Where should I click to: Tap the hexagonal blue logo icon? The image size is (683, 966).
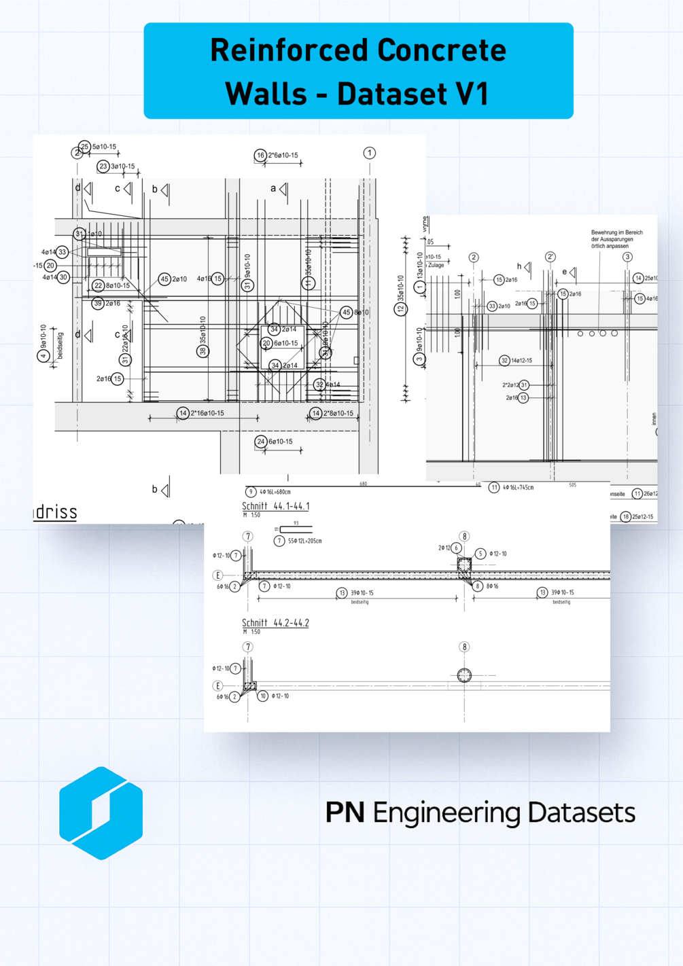tap(101, 813)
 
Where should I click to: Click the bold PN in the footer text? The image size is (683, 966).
tap(345, 812)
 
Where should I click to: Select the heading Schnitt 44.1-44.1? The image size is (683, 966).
tap(276, 506)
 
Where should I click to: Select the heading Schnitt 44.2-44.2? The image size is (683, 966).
tap(276, 623)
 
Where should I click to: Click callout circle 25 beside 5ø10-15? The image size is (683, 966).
tap(85, 147)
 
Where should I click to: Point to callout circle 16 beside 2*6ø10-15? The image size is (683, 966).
tap(260, 156)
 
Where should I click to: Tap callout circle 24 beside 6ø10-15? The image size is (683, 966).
tap(261, 442)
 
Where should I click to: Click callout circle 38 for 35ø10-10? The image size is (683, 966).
tap(203, 351)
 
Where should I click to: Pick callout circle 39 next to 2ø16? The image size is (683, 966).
tap(98, 304)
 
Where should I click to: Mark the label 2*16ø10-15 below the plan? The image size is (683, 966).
tap(207, 413)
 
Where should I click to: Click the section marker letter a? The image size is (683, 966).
tap(274, 188)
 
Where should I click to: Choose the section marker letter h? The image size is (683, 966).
tap(519, 266)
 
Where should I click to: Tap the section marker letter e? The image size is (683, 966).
tap(564, 272)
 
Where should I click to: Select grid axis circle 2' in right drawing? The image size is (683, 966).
tap(550, 257)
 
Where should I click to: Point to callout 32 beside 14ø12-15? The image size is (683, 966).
tap(504, 361)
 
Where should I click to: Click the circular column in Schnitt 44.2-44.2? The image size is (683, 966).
tap(464, 675)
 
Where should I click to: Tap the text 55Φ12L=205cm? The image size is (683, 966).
tap(304, 541)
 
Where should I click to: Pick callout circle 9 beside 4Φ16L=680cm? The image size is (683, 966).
tap(251, 492)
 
